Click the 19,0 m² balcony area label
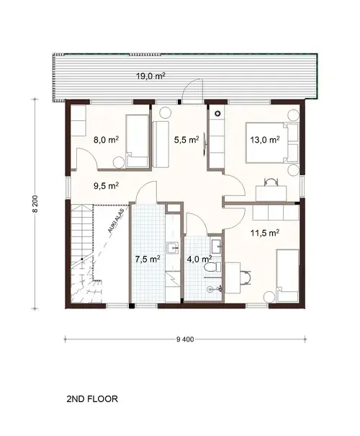[x=151, y=76]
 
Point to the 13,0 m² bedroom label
[x=264, y=141]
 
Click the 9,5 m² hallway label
[x=106, y=184]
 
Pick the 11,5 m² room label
[x=267, y=232]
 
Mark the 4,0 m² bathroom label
[x=198, y=258]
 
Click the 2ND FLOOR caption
[x=91, y=398]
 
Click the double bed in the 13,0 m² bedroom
[x=287, y=141]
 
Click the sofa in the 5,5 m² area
[x=159, y=143]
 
